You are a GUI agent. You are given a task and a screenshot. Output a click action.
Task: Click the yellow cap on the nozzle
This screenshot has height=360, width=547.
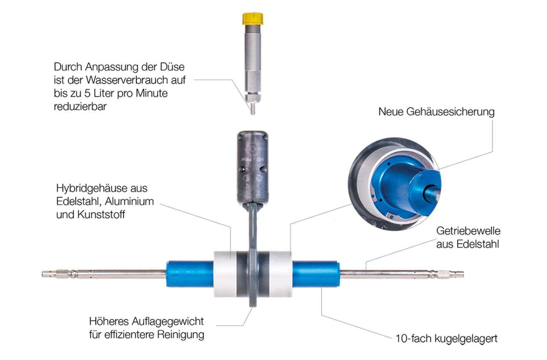pos(253,18)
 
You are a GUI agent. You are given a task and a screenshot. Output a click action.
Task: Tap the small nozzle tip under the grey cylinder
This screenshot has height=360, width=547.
pos(253,109)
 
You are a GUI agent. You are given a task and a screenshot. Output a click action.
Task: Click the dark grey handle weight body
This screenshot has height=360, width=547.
pos(253,168)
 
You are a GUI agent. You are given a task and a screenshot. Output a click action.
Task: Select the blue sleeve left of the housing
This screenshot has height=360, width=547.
pos(190,274)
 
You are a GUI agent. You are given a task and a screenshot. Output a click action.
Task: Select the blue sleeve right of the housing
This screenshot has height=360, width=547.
pos(316,274)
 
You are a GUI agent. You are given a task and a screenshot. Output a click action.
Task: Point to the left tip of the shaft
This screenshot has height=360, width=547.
pos(42,274)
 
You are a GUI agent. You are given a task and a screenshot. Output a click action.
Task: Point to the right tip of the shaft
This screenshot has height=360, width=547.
pos(463,274)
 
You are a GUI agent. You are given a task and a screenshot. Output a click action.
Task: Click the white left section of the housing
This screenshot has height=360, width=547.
pos(225,274)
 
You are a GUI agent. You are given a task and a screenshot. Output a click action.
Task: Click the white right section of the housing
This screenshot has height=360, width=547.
pos(281,274)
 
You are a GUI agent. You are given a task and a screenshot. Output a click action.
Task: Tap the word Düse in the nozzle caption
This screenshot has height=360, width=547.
pos(172,67)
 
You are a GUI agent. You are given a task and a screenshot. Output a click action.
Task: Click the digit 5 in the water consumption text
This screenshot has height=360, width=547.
pos(88,94)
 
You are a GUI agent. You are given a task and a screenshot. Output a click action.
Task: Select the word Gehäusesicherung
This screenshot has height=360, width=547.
pos(450,112)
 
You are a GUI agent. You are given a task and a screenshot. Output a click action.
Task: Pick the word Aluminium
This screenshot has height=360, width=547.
pos(129,201)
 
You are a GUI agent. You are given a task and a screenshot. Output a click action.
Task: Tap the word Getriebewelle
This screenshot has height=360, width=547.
pos(468,231)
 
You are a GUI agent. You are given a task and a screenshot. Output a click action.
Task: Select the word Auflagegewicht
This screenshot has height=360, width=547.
pos(168,322)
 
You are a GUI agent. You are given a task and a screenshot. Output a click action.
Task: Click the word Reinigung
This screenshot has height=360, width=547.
pos(180,335)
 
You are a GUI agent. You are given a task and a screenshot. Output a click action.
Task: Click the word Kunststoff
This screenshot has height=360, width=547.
pos(101,215)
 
